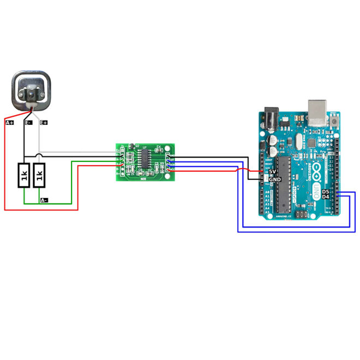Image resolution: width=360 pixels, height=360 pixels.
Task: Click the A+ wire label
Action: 9,123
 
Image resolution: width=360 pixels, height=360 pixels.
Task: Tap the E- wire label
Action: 28,123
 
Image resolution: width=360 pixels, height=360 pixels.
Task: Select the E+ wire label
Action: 44,123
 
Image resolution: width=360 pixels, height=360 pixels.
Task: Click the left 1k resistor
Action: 24,175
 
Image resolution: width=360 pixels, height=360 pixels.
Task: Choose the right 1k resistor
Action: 39,175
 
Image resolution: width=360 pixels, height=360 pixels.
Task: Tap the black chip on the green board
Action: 145,160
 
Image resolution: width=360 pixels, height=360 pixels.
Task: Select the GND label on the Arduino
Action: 275,179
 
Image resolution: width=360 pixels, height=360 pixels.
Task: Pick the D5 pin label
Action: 325,192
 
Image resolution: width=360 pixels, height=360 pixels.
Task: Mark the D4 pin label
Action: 325,197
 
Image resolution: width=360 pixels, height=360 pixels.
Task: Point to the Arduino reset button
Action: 333,116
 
